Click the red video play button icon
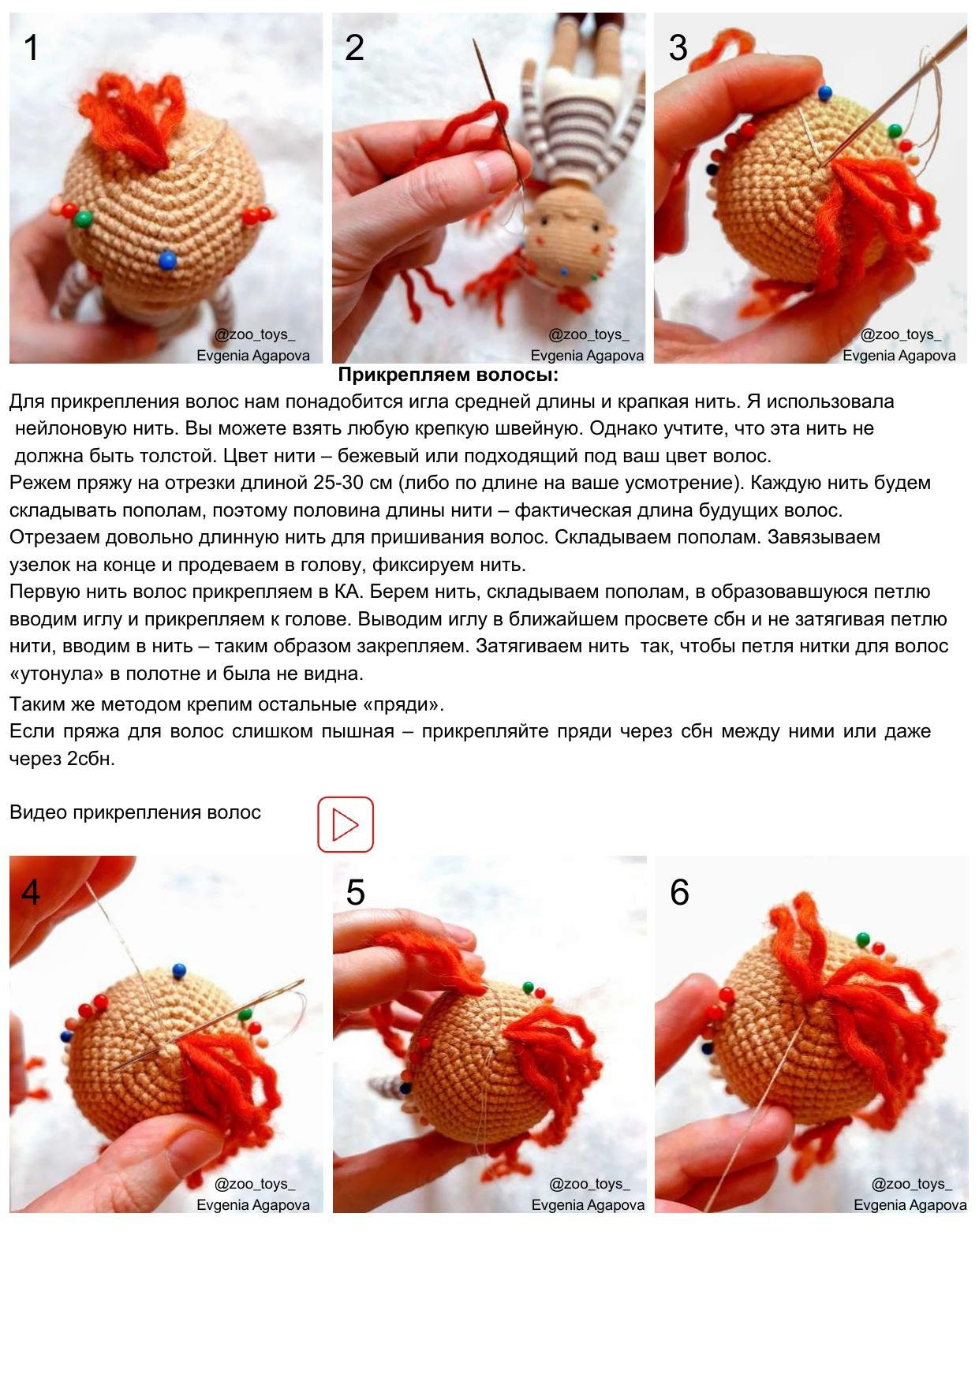[x=345, y=824]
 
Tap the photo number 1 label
[x=31, y=48]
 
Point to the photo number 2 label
[x=354, y=48]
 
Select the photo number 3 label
[x=678, y=48]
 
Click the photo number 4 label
[x=31, y=892]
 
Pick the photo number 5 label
[x=355, y=892]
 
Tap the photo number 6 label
[x=679, y=892]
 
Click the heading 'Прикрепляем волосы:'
[x=447, y=375]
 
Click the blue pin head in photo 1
[x=167, y=260]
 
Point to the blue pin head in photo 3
[x=825, y=94]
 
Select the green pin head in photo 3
[x=895, y=130]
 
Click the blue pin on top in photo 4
[x=179, y=969]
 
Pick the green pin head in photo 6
[x=863, y=939]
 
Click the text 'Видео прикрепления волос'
[x=135, y=812]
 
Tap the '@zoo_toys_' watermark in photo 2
[x=589, y=334]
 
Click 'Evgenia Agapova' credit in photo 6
[x=910, y=1204]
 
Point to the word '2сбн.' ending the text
[x=92, y=759]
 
